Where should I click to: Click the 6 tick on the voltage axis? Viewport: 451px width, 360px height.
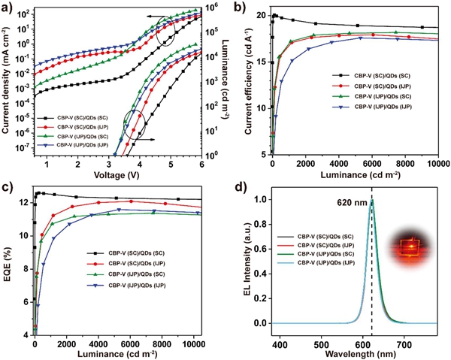point(203,163)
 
